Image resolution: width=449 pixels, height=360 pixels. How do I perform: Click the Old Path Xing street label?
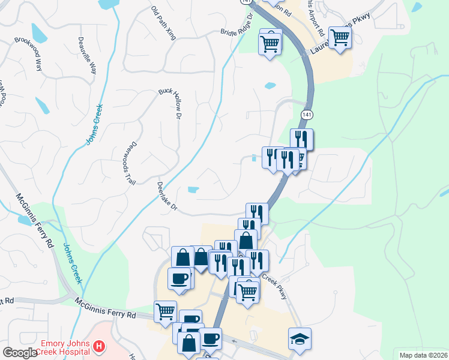coord(163,23)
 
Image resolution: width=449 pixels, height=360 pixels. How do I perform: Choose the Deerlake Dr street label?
coord(167,197)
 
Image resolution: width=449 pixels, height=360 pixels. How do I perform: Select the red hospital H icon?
coord(100,347)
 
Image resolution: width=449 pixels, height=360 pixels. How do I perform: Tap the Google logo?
coord(20,353)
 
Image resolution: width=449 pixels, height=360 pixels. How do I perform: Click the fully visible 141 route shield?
coord(306,114)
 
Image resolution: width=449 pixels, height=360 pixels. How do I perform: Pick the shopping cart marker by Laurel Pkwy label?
coord(340,37)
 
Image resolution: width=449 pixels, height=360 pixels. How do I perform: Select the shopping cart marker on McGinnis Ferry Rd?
coord(165,311)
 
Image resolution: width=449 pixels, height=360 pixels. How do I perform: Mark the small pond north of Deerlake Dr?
coord(193,190)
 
